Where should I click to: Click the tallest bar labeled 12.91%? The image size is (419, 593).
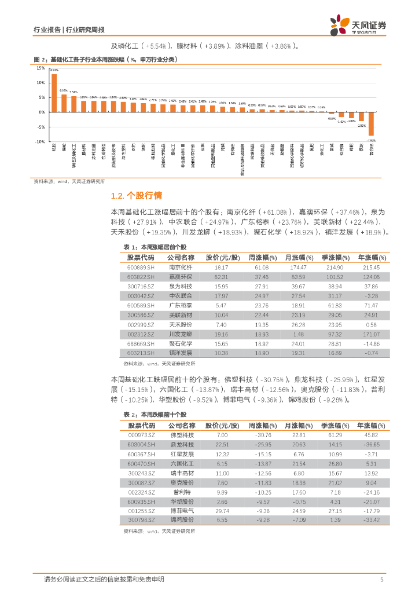pyautogui.click(x=54, y=93)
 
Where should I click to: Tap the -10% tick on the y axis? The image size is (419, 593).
pyautogui.click(x=40, y=142)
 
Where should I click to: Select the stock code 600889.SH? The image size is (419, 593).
pyautogui.click(x=141, y=268)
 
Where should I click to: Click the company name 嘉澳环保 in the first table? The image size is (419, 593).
pyautogui.click(x=181, y=277)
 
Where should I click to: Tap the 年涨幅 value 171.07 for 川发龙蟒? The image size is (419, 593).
pyautogui.click(x=372, y=334)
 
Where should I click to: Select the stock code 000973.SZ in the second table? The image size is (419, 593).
pyautogui.click(x=141, y=435)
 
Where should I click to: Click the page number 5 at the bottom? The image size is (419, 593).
pyautogui.click(x=381, y=579)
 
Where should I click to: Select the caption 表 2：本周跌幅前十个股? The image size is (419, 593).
pyautogui.click(x=147, y=415)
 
